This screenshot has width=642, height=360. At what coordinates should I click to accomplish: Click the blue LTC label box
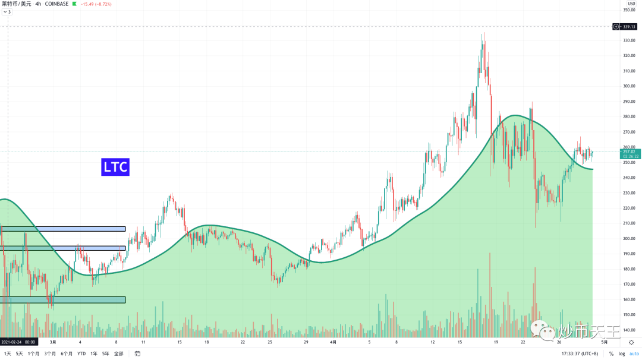point(115,167)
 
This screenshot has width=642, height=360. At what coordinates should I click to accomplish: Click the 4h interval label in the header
point(38,4)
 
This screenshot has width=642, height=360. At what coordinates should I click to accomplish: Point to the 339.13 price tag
point(629,26)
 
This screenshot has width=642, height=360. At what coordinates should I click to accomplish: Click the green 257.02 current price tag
point(629,152)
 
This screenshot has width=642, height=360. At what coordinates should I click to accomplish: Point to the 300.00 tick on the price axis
point(629,86)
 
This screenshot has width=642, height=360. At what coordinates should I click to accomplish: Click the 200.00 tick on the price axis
point(629,239)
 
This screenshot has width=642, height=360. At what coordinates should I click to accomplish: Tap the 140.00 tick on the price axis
point(629,330)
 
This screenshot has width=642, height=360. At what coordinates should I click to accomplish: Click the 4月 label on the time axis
point(333,342)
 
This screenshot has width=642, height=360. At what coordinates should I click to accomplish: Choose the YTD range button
point(81,353)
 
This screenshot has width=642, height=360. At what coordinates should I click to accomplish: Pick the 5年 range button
point(105,353)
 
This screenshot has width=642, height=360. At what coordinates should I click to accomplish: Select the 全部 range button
point(119,353)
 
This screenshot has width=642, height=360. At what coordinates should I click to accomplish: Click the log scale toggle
point(621,353)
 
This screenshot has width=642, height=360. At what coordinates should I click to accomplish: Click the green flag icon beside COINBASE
point(74,4)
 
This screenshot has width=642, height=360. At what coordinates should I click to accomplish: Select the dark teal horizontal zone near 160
point(64,299)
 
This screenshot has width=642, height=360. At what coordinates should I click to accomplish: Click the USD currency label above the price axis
point(631,4)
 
